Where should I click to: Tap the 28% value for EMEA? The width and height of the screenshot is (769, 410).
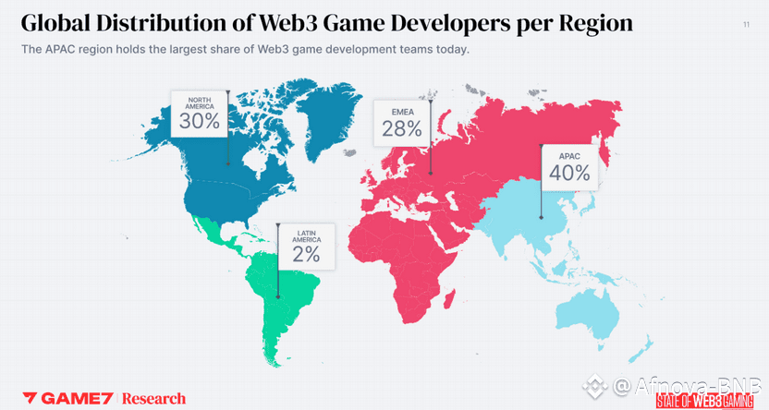click(401, 130)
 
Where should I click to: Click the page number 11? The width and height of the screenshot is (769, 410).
click(746, 25)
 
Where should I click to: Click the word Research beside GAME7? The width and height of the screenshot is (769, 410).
click(154, 398)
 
